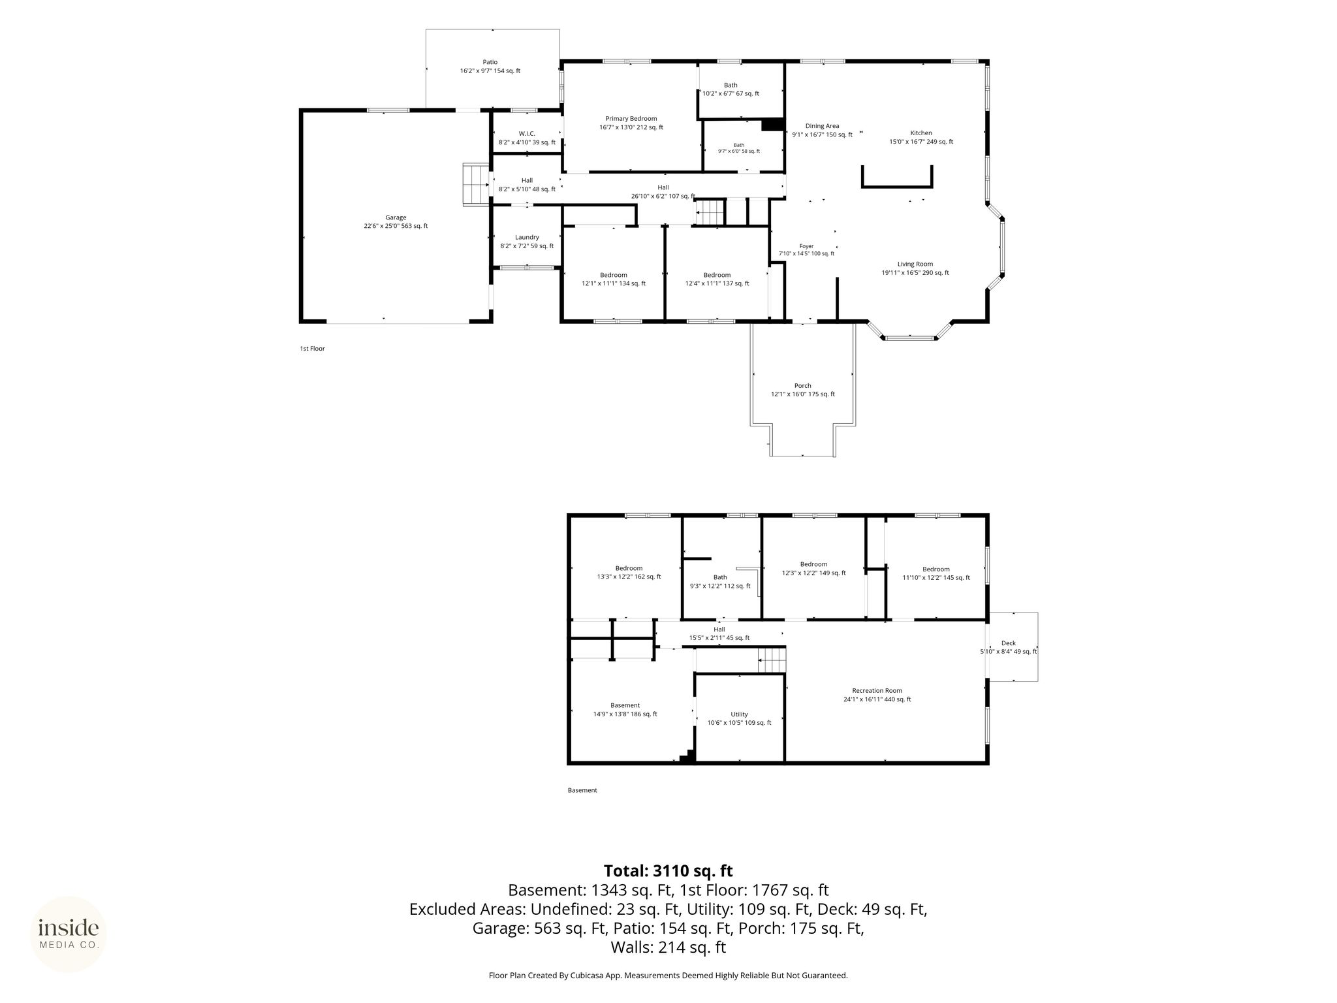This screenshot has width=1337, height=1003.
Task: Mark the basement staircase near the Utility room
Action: [771, 660]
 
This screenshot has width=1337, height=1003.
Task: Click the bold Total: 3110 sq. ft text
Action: [668, 871]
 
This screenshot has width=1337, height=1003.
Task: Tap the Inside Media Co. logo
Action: [69, 934]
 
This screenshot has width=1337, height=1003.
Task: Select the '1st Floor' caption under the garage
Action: [312, 349]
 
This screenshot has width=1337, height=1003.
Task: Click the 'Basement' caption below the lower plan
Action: [582, 790]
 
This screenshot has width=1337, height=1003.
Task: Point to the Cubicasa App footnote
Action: [668, 976]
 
